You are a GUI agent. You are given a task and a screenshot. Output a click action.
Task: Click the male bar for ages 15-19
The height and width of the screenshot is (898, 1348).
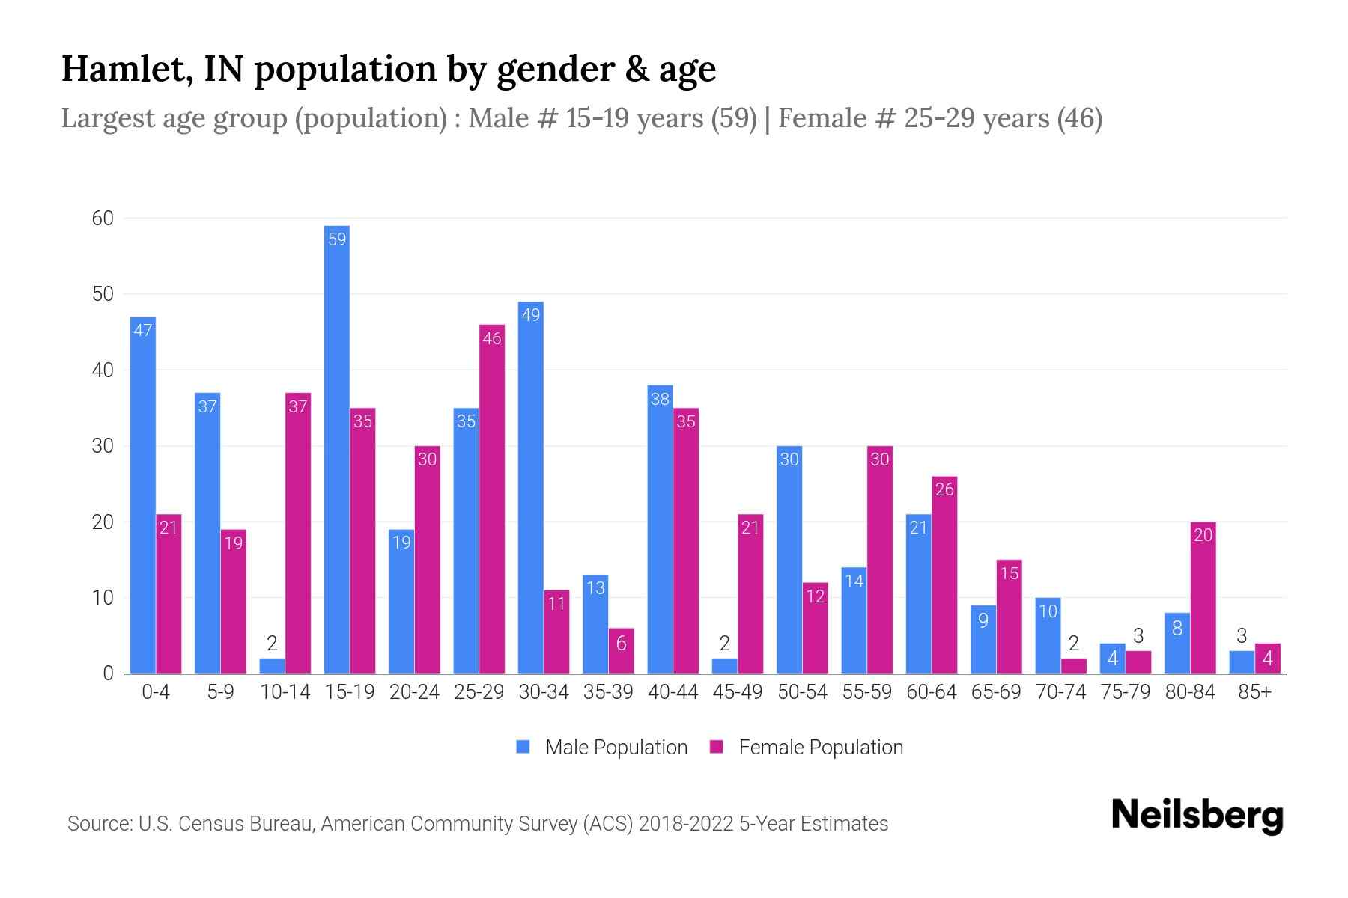pos(337,449)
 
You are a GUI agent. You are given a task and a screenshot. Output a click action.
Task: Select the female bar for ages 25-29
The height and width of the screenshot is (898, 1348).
pos(492,499)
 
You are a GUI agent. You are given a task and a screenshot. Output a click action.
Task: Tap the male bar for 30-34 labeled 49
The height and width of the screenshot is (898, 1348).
pos(531,487)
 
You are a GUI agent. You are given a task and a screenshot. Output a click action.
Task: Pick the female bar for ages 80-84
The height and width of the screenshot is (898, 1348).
pos(1203,598)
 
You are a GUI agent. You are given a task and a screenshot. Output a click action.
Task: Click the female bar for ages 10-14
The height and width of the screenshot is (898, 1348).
pos(298,533)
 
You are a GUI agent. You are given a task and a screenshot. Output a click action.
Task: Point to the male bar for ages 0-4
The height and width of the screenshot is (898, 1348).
pos(143,495)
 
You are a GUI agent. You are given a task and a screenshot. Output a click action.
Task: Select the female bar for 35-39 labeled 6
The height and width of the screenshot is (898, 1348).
pos(622,651)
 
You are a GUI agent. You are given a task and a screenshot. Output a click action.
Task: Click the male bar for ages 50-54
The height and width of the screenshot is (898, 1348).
pos(789,560)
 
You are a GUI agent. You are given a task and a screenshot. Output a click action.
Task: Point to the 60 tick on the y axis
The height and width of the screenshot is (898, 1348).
pos(103,219)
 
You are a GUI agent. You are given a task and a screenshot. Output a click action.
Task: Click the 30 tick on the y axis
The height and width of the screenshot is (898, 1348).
pos(103,446)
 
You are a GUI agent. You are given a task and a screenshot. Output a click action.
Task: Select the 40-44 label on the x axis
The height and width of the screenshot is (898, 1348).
pos(673,692)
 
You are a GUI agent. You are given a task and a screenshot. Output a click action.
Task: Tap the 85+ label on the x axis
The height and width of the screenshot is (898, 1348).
pos(1254,692)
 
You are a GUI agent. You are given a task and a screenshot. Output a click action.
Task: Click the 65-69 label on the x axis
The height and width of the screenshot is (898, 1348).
pos(996,692)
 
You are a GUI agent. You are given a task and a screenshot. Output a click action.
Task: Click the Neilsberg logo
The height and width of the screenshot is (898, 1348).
pos(1197,816)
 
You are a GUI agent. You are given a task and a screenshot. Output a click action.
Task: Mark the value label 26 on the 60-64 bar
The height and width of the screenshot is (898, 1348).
pos(944,489)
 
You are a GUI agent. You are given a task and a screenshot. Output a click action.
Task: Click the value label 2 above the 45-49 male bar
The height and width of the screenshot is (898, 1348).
pos(724,643)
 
